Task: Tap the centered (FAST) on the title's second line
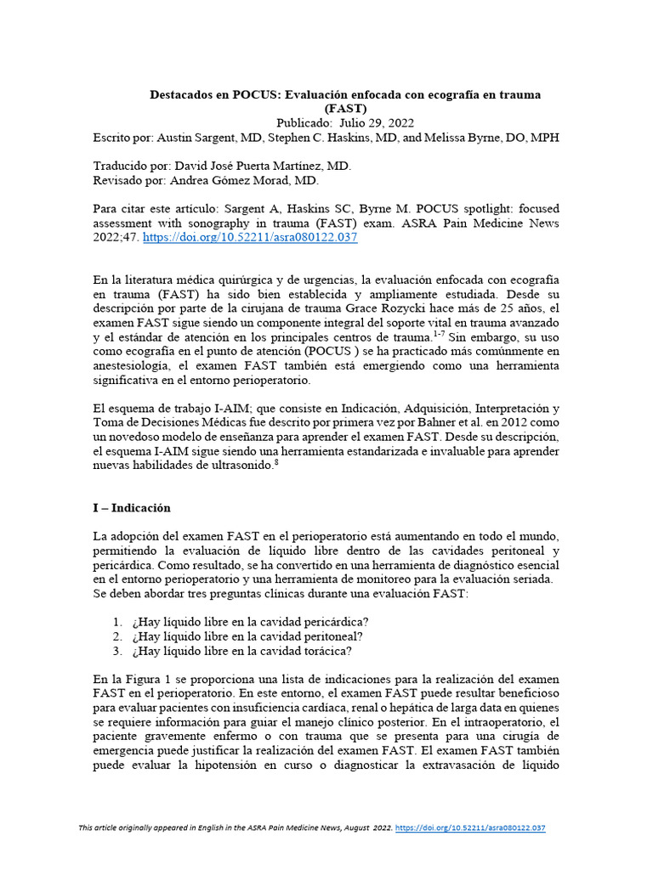point(345,109)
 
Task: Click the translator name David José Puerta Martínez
point(249,166)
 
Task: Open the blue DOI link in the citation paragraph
point(250,238)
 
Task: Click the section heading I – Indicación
point(132,508)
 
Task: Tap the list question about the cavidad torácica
point(241,651)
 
